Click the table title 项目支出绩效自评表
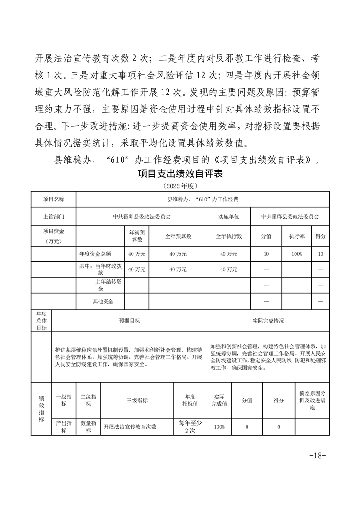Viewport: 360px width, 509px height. tap(180, 175)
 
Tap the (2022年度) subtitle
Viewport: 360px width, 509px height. tap(180, 186)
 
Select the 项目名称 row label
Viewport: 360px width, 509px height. tap(54, 199)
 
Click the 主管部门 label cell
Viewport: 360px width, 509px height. tap(54, 217)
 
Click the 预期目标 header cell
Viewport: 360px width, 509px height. tap(129, 321)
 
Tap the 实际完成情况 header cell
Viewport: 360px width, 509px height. tap(268, 321)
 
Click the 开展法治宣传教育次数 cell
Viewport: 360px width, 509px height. tap(130, 426)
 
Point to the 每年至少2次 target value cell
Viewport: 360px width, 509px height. tap(190, 426)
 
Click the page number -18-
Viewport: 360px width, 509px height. tap(317, 455)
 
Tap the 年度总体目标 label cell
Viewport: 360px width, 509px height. tap(42, 321)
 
